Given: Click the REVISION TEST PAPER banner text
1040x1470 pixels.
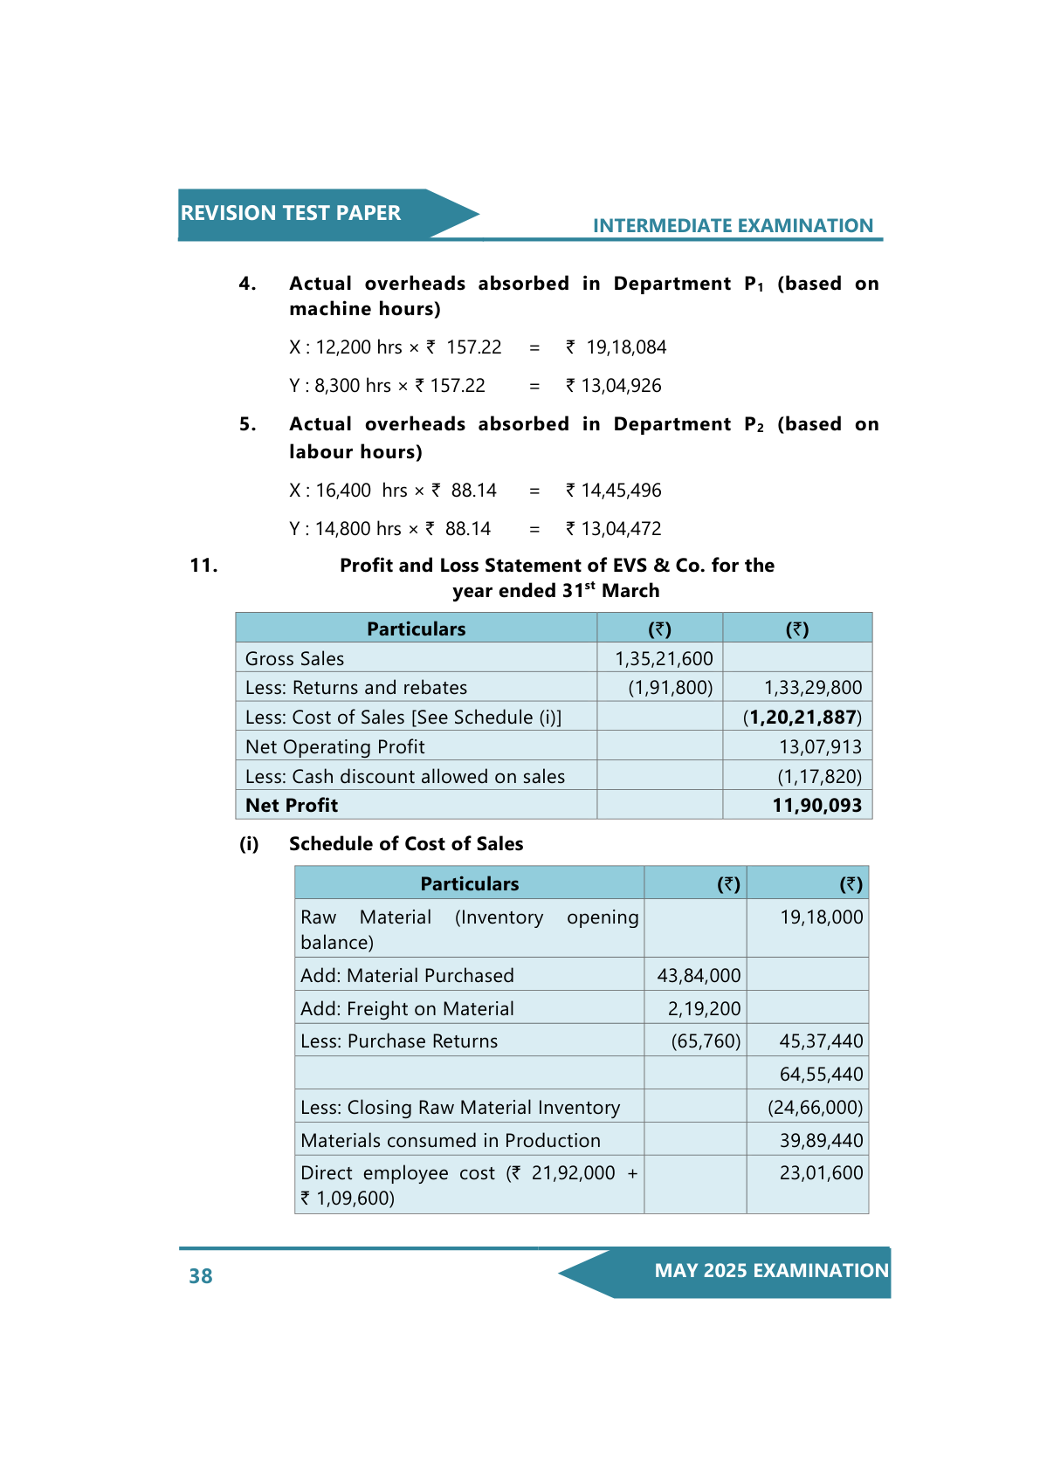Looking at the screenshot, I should point(290,213).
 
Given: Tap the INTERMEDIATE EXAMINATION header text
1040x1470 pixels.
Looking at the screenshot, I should point(732,225).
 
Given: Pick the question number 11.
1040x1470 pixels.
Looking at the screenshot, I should point(203,566).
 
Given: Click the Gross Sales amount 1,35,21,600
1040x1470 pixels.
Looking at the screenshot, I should point(664,659).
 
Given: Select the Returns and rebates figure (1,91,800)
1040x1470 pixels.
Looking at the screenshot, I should point(670,688).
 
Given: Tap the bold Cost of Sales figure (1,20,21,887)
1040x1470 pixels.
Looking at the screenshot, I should point(802,718).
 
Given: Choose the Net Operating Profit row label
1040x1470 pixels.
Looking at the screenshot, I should point(335,747).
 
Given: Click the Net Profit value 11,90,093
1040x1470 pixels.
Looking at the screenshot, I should point(816,806).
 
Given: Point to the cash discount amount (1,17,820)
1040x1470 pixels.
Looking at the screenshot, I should point(819,777).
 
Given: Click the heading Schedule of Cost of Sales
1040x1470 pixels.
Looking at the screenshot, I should point(406,844).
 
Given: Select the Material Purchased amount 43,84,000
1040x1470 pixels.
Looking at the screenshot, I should point(699,976).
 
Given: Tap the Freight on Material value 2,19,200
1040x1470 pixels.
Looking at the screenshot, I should point(704,1009).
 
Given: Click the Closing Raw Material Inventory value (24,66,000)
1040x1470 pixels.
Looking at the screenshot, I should point(815,1108).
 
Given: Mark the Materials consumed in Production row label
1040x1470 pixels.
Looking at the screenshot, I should point(451,1141).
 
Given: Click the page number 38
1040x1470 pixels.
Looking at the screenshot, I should point(201,1276).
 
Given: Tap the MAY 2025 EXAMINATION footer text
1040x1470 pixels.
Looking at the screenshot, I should point(771,1271).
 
